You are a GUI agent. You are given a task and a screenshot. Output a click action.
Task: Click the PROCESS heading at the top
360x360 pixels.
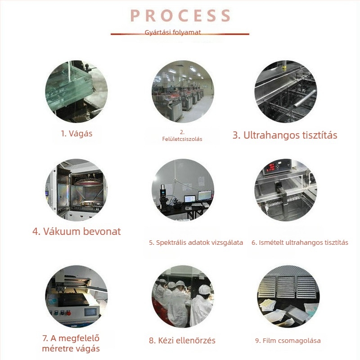pos(180,16)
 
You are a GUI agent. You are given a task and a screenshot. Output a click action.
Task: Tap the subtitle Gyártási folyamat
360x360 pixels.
pos(173,32)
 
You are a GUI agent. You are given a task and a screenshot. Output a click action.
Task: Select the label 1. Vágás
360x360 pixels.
pos(76,134)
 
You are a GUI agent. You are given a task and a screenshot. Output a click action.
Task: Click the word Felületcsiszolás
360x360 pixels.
pos(182,139)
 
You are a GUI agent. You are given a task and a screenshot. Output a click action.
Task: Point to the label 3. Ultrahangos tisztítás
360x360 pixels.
pos(285,135)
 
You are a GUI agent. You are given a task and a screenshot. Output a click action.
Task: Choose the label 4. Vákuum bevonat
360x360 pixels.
pos(76,231)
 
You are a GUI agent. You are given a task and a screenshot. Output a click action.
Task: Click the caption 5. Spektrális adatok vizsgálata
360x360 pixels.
pos(196,243)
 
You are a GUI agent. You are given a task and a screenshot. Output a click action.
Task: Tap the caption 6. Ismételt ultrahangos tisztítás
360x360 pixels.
pos(300,243)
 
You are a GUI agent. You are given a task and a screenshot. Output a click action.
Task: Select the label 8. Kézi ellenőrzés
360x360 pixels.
pos(182,340)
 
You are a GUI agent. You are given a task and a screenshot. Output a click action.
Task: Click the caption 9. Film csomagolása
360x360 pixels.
pos(288,341)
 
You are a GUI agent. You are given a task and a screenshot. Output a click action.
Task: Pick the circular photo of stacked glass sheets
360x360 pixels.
pos(76,91)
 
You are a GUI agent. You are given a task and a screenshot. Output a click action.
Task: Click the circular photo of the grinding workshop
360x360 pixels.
pos(183,91)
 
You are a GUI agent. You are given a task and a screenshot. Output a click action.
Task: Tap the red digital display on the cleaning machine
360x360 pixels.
pos(272,166)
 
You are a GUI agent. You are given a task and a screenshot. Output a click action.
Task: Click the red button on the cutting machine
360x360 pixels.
pos(68,313)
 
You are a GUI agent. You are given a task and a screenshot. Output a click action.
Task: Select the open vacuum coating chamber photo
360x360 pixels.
pos(76,190)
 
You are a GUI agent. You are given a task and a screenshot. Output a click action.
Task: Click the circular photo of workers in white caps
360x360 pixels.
pos(183,297)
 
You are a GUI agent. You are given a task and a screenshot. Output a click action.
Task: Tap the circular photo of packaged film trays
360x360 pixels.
pos(288,297)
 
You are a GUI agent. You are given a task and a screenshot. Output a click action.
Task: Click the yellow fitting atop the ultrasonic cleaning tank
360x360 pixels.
pos(284,68)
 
